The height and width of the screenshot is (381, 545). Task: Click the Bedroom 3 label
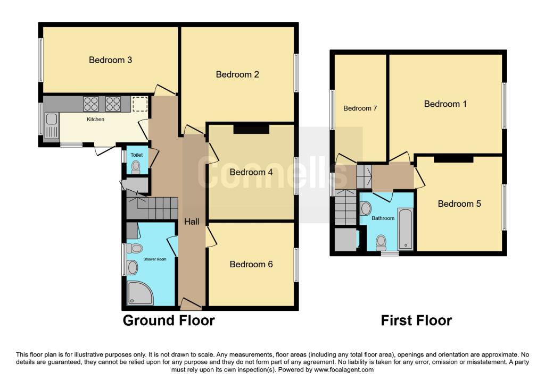coord(110,60)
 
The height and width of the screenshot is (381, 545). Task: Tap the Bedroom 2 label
coord(237,74)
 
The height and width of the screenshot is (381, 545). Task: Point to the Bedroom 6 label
coord(251,264)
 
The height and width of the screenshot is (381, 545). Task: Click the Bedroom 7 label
coord(360,108)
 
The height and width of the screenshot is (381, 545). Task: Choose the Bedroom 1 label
coord(445,104)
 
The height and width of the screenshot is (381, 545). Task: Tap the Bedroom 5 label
coord(459,204)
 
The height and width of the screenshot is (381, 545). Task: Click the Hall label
coord(192,222)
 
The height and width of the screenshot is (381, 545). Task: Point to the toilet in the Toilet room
coord(136,167)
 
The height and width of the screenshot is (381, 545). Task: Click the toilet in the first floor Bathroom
coord(381,242)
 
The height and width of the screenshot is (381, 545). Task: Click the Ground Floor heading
coord(169,320)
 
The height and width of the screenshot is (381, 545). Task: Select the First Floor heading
coord(416,320)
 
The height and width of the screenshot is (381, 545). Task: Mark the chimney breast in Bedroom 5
coord(453,158)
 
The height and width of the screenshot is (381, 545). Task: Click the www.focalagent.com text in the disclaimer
coord(344,369)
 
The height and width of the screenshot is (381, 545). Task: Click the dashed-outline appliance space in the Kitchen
coord(140,104)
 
